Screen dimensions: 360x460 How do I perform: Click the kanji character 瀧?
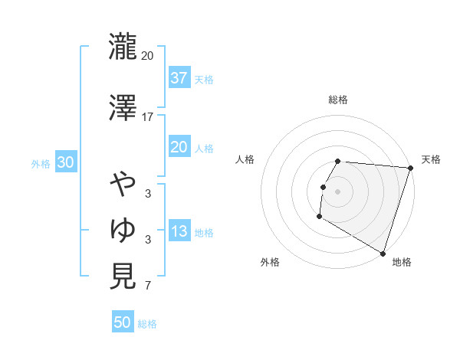click(x=123, y=47)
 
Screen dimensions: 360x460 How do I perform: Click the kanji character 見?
click(x=123, y=276)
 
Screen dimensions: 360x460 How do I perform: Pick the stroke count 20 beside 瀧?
click(x=148, y=57)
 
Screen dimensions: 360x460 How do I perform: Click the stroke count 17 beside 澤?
click(x=148, y=116)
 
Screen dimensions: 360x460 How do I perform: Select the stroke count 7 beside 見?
click(x=148, y=286)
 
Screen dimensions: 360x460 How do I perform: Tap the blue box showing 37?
click(x=179, y=78)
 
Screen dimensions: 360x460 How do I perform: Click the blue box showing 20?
click(x=179, y=148)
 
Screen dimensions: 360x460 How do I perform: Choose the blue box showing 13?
click(x=179, y=232)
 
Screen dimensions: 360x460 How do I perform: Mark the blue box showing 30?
click(x=65, y=163)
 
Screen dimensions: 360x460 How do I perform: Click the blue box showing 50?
click(x=123, y=322)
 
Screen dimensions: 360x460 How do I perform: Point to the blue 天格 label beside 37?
click(x=204, y=79)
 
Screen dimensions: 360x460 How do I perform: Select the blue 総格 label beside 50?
click(x=147, y=323)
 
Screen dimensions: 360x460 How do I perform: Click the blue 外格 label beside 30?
click(x=41, y=164)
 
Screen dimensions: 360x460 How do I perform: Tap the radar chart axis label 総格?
click(x=338, y=100)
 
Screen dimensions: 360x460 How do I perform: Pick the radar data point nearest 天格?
click(x=410, y=168)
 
